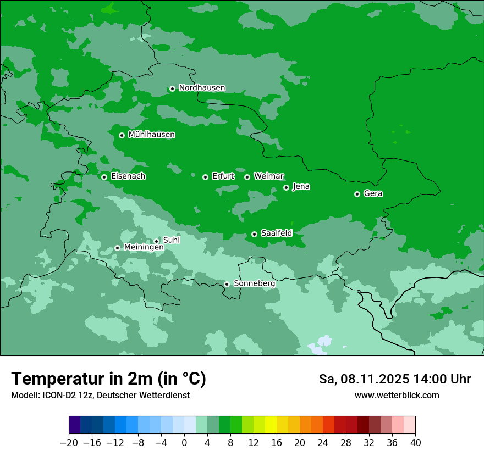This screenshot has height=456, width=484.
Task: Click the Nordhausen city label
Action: pos(202,88)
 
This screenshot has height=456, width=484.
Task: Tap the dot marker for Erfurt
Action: pos(205,177)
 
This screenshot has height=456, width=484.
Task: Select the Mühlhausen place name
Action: pos(151,135)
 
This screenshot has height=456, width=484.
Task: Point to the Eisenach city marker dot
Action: pos(104,177)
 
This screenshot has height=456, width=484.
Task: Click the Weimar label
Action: pos(268,176)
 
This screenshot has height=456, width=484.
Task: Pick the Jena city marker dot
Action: pos(286,187)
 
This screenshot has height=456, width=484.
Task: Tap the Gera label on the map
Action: pos(373,193)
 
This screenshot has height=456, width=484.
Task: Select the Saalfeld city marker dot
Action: pos(254,234)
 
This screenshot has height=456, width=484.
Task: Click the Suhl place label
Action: pos(171,240)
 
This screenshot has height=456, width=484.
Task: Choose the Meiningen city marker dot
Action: pos(117,248)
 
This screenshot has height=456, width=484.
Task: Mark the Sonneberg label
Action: pos(254,283)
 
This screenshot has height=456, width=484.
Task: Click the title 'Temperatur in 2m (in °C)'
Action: pos(108,379)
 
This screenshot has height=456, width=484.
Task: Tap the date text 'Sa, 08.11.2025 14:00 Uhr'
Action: pos(394,379)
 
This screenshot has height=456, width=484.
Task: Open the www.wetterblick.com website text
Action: pos(397,395)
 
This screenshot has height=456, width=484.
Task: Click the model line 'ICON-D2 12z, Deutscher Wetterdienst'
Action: pos(100,395)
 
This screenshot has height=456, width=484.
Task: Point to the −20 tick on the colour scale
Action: pos(69,442)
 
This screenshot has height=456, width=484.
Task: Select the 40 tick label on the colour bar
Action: pos(415,442)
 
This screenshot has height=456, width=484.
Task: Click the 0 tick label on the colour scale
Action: pos(184,442)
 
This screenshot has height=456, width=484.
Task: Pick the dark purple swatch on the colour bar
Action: pos(75,425)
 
